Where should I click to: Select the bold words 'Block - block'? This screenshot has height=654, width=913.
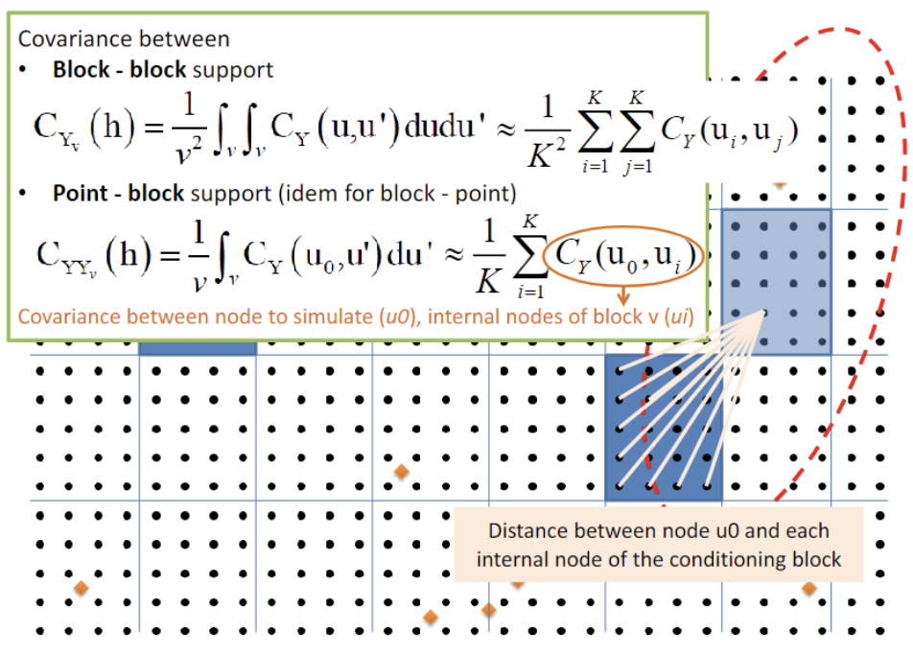[x=116, y=70]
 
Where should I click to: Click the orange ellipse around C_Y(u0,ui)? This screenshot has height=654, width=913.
[x=624, y=256]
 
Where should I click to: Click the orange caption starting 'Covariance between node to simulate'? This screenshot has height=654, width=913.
[x=358, y=316]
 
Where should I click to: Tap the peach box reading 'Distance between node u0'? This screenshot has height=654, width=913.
[x=659, y=545]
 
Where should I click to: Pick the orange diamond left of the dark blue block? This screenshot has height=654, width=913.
[x=402, y=471]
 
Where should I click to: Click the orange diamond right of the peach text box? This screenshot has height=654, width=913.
[x=808, y=588]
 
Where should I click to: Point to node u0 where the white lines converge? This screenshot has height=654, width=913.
[x=764, y=313]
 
